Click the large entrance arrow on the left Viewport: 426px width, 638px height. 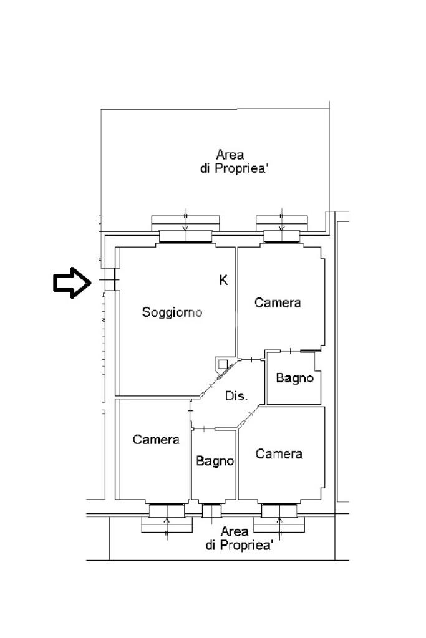pyautogui.click(x=72, y=283)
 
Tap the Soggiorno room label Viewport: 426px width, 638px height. pyautogui.click(x=172, y=312)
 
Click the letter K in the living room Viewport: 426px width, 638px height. pyautogui.click(x=223, y=281)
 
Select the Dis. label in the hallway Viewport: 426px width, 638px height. pyautogui.click(x=236, y=395)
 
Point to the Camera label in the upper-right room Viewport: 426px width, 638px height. pyautogui.click(x=278, y=302)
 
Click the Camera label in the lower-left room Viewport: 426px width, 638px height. pyautogui.click(x=156, y=440)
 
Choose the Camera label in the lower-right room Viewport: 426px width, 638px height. pyautogui.click(x=279, y=453)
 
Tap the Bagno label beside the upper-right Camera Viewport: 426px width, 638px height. pyautogui.click(x=294, y=378)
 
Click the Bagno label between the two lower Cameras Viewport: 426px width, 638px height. pyautogui.click(x=215, y=461)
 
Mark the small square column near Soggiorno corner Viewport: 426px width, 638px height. pyautogui.click(x=222, y=364)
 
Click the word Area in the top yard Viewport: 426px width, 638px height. pyautogui.click(x=230, y=155)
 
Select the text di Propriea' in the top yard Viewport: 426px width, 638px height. pyautogui.click(x=233, y=168)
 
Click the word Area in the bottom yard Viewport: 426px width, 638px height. pyautogui.click(x=235, y=531)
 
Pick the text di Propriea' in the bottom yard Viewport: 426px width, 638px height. pyautogui.click(x=239, y=545)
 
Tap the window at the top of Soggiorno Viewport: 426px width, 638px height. pyautogui.click(x=185, y=236)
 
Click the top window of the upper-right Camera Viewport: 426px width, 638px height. pyautogui.click(x=281, y=236)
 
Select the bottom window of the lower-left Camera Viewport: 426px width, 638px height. pyautogui.click(x=167, y=511)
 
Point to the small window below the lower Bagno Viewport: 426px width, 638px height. pyautogui.click(x=211, y=511)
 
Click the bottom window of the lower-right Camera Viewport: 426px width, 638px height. pyautogui.click(x=279, y=511)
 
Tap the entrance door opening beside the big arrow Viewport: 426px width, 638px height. pyautogui.click(x=110, y=280)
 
